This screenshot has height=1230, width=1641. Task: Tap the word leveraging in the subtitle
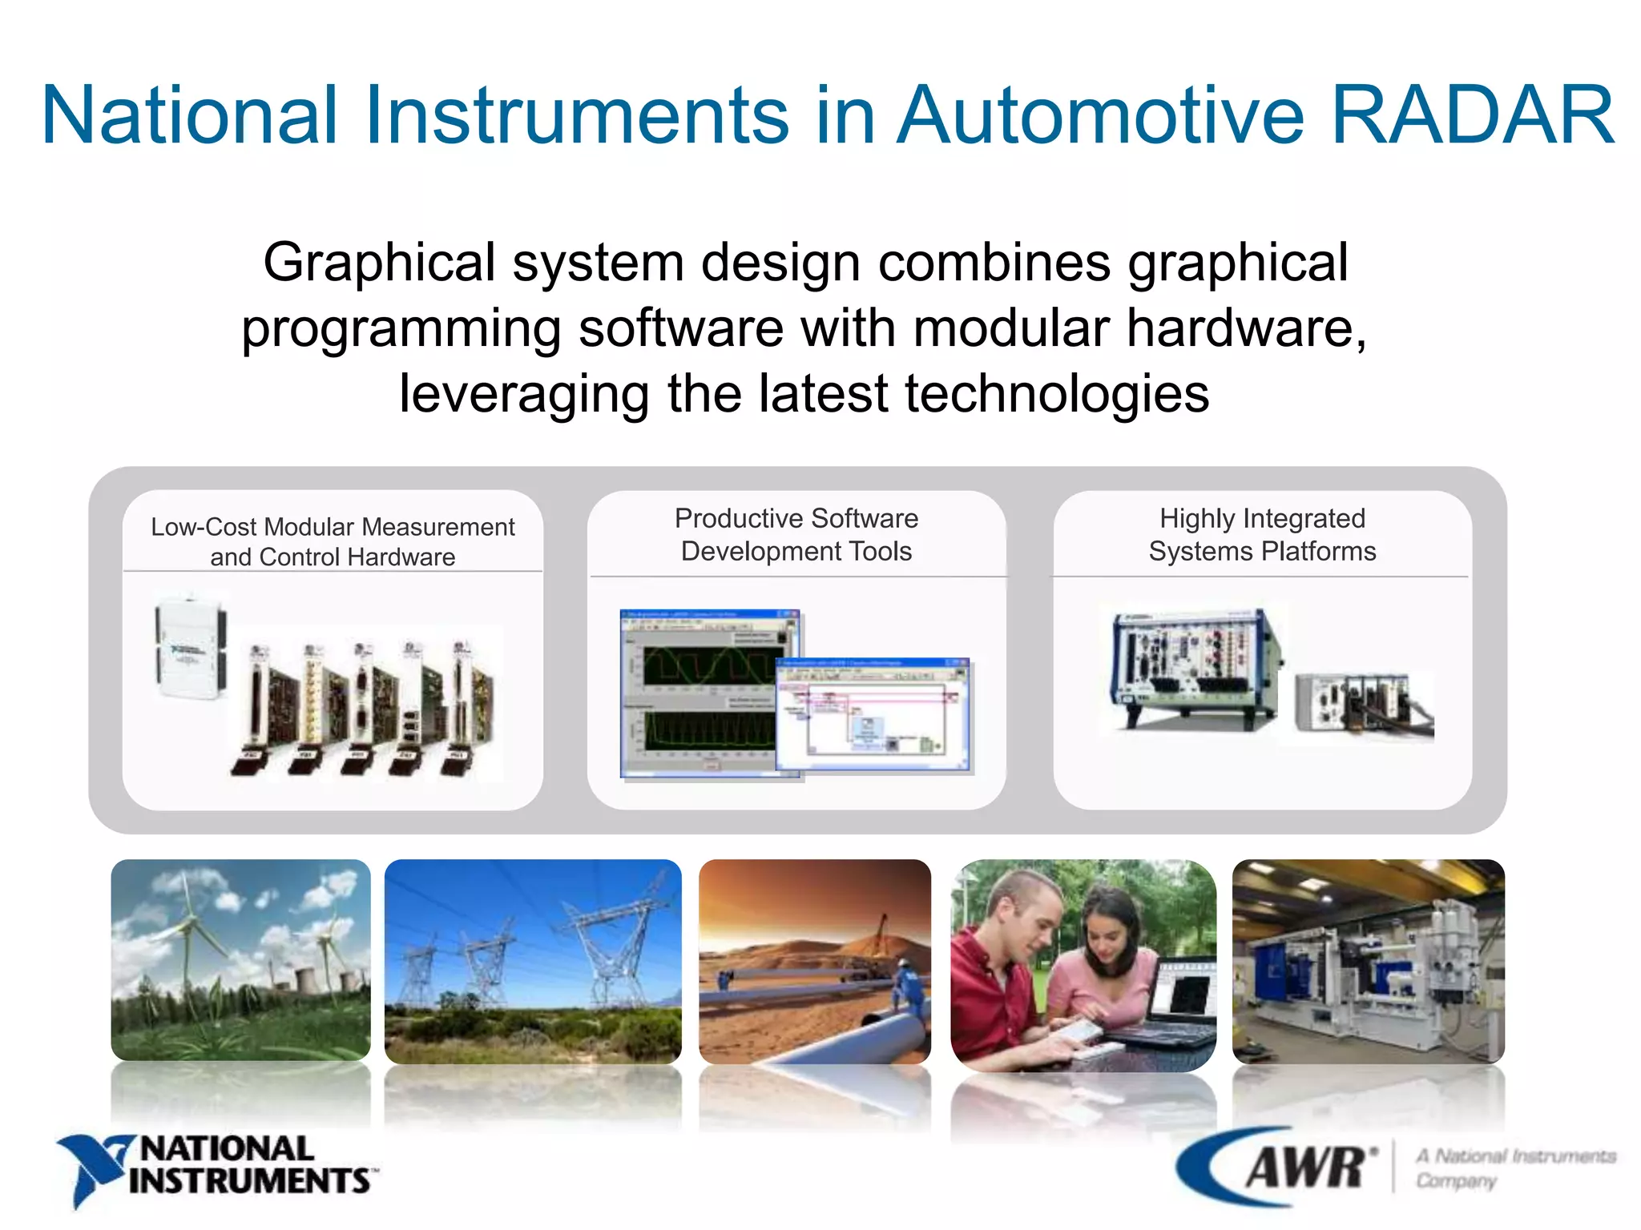[524, 395]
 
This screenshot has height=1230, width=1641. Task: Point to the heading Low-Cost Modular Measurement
[333, 527]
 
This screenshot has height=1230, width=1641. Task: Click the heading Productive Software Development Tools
[796, 535]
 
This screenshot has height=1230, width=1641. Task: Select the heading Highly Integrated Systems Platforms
[1262, 535]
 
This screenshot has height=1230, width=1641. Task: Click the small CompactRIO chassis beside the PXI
[1362, 702]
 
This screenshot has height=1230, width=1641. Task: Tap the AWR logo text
[1306, 1168]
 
